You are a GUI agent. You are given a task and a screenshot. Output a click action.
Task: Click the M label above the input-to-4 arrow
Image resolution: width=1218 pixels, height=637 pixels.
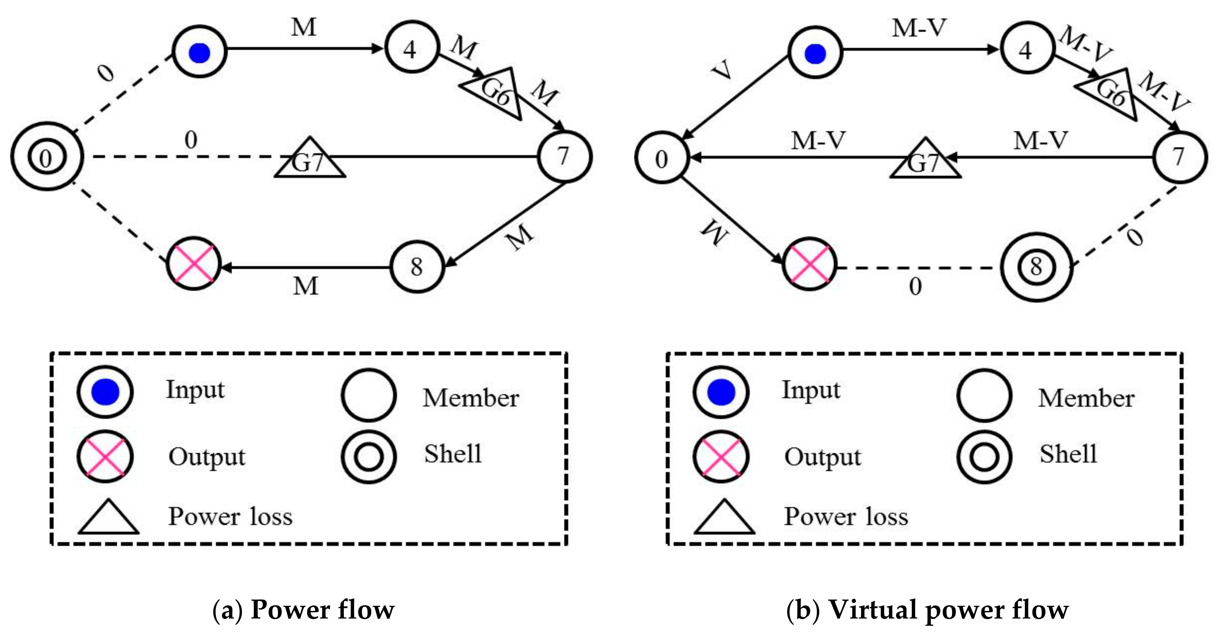coord(303,27)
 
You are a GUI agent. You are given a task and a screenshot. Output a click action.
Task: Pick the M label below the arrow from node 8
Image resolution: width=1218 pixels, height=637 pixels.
coord(305,286)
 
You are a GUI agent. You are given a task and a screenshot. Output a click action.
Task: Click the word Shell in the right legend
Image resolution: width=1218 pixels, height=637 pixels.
coord(1068,454)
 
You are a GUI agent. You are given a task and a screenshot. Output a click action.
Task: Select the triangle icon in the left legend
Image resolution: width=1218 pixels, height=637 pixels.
coord(108,518)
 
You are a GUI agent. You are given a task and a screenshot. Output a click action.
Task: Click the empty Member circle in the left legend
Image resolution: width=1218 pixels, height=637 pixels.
coord(368,395)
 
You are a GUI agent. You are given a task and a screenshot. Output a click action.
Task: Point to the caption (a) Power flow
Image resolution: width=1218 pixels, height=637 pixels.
coord(303,610)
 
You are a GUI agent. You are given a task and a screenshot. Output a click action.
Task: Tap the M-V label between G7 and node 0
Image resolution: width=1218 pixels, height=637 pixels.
coord(818,140)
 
